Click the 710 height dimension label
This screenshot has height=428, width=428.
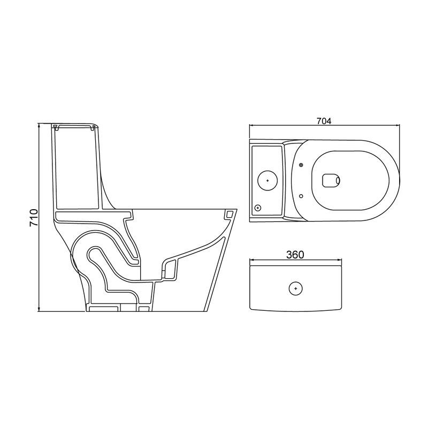coord(34,218)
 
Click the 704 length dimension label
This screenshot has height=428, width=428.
coord(324,121)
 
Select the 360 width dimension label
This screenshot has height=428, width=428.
coord(295,255)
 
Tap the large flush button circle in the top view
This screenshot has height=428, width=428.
coord(267,180)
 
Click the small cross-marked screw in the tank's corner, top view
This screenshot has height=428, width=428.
coord(258,208)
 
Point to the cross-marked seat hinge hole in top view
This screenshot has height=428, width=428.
coord(301,165)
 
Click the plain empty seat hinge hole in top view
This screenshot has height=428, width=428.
coord(301,196)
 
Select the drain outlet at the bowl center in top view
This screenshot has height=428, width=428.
coord(331,180)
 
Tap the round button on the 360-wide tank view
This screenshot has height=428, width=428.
coord(296,288)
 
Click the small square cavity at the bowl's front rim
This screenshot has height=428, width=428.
coord(229,215)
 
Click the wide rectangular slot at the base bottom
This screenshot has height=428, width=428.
coord(104,309)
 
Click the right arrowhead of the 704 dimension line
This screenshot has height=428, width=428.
coord(398,125)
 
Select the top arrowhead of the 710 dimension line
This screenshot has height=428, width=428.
coord(39,126)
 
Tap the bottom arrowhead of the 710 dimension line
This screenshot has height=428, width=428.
coord(39,309)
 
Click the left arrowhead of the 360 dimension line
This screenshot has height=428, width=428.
coord(253,259)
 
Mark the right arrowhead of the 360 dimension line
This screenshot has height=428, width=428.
coord(339,259)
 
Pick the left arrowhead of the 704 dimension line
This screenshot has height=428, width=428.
coord(252,125)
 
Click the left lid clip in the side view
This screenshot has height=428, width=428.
coord(56,127)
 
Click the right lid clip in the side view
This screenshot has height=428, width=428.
coord(93,127)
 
